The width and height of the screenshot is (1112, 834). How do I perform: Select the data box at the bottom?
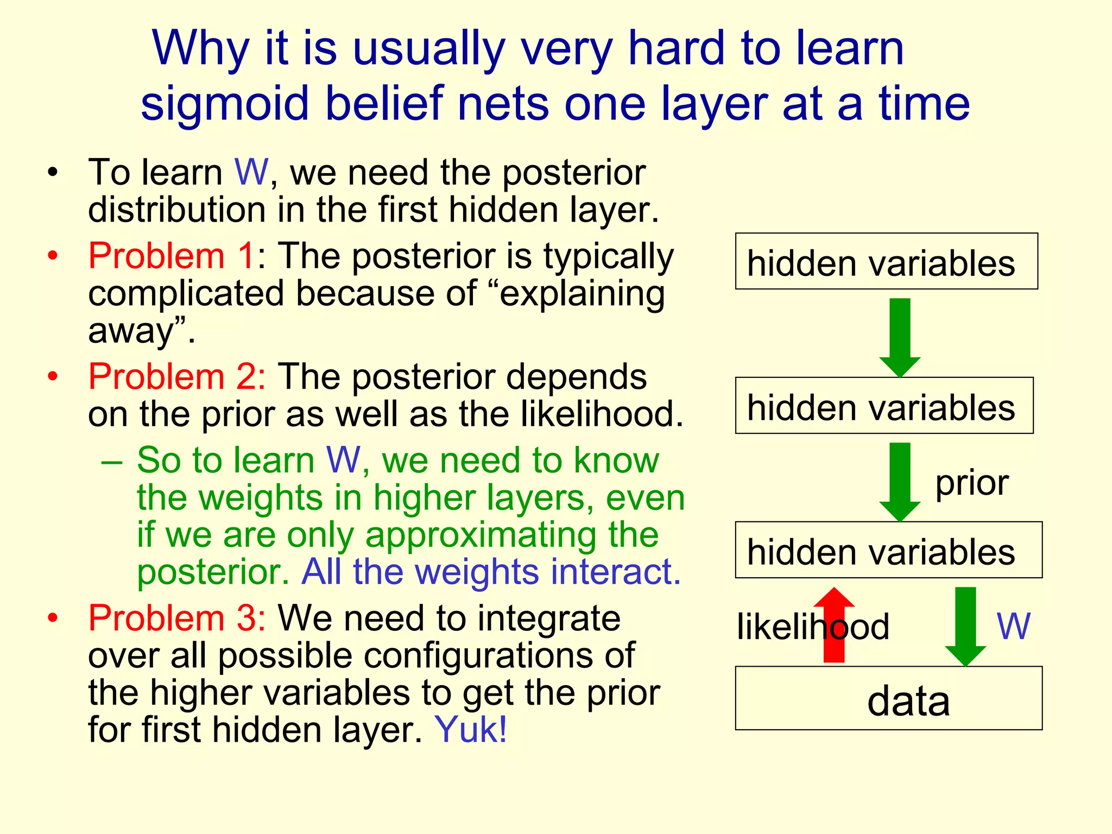pyautogui.click(x=888, y=698)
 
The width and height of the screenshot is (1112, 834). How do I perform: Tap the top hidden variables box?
pyautogui.click(x=886, y=262)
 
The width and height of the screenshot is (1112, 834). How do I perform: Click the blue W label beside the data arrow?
pyautogui.click(x=1013, y=626)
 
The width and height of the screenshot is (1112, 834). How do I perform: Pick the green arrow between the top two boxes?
pyautogui.click(x=900, y=337)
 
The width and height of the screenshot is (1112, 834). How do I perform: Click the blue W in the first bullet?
pyautogui.click(x=251, y=172)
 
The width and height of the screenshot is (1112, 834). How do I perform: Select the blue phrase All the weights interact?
pyautogui.click(x=491, y=571)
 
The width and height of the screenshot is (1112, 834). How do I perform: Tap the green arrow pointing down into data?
pyautogui.click(x=965, y=624)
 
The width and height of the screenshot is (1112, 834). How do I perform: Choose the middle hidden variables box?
pyautogui.click(x=884, y=406)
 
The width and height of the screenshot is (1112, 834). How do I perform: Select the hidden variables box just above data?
pyautogui.click(x=888, y=550)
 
